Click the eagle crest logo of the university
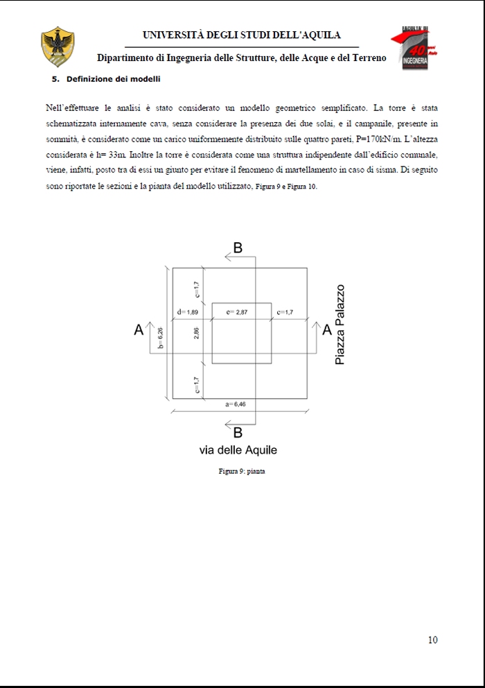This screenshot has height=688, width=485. [x=58, y=46]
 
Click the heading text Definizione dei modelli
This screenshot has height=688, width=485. [x=114, y=79]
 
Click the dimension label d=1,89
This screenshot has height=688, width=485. [x=188, y=313]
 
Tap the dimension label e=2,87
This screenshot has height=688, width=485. [x=237, y=313]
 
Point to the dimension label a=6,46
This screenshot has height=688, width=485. [x=236, y=404]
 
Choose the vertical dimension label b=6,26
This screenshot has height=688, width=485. [x=160, y=338]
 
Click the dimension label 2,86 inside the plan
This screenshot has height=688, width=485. [x=197, y=334]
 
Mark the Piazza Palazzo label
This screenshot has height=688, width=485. [x=339, y=325]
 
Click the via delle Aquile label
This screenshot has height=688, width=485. [x=238, y=450]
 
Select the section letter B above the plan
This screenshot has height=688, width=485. [x=238, y=248]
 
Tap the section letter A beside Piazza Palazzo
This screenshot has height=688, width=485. [x=327, y=329]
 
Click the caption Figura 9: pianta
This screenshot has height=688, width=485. [x=242, y=472]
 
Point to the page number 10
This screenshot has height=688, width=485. [x=432, y=640]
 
